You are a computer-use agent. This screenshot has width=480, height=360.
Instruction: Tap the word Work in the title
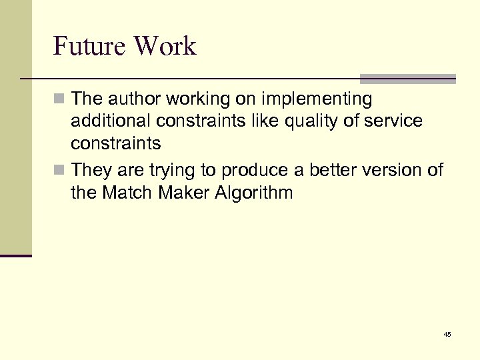pyautogui.click(x=165, y=46)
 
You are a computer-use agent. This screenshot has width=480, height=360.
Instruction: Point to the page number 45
pyautogui.click(x=447, y=334)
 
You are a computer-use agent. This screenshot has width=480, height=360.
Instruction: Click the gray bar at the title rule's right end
pyautogui.click(x=408, y=79)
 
